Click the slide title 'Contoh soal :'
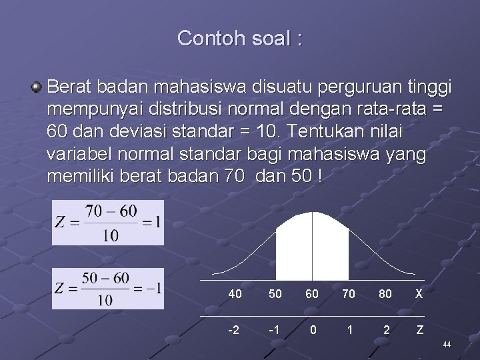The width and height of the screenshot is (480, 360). pos(239,38)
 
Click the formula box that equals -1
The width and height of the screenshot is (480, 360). pos(107,289)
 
